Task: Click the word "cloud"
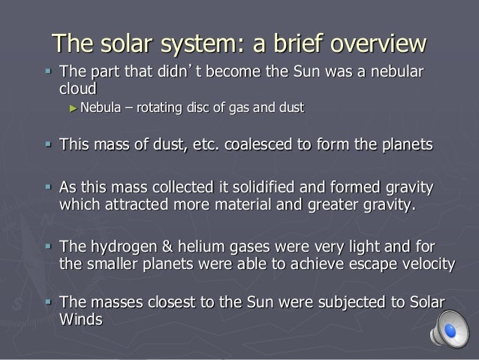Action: [x=77, y=88]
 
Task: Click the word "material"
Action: [x=244, y=203]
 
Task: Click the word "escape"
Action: [x=355, y=262]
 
